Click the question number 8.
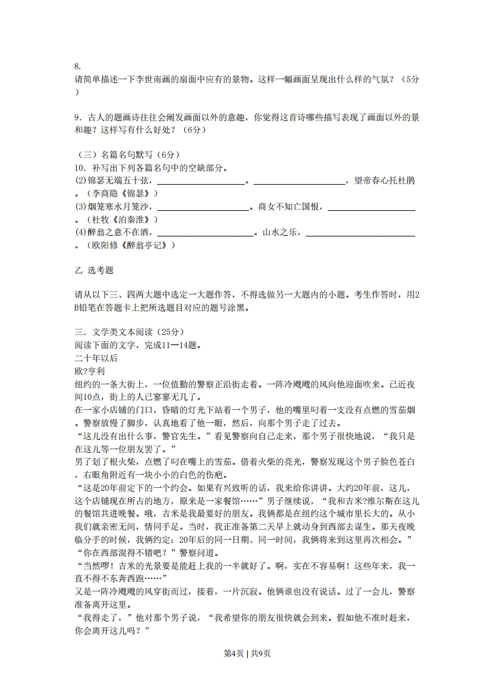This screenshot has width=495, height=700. pyautogui.click(x=77, y=66)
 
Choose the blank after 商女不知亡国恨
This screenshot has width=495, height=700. pyautogui.click(x=371, y=207)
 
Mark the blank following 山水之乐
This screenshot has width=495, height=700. pyautogui.click(x=360, y=233)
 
